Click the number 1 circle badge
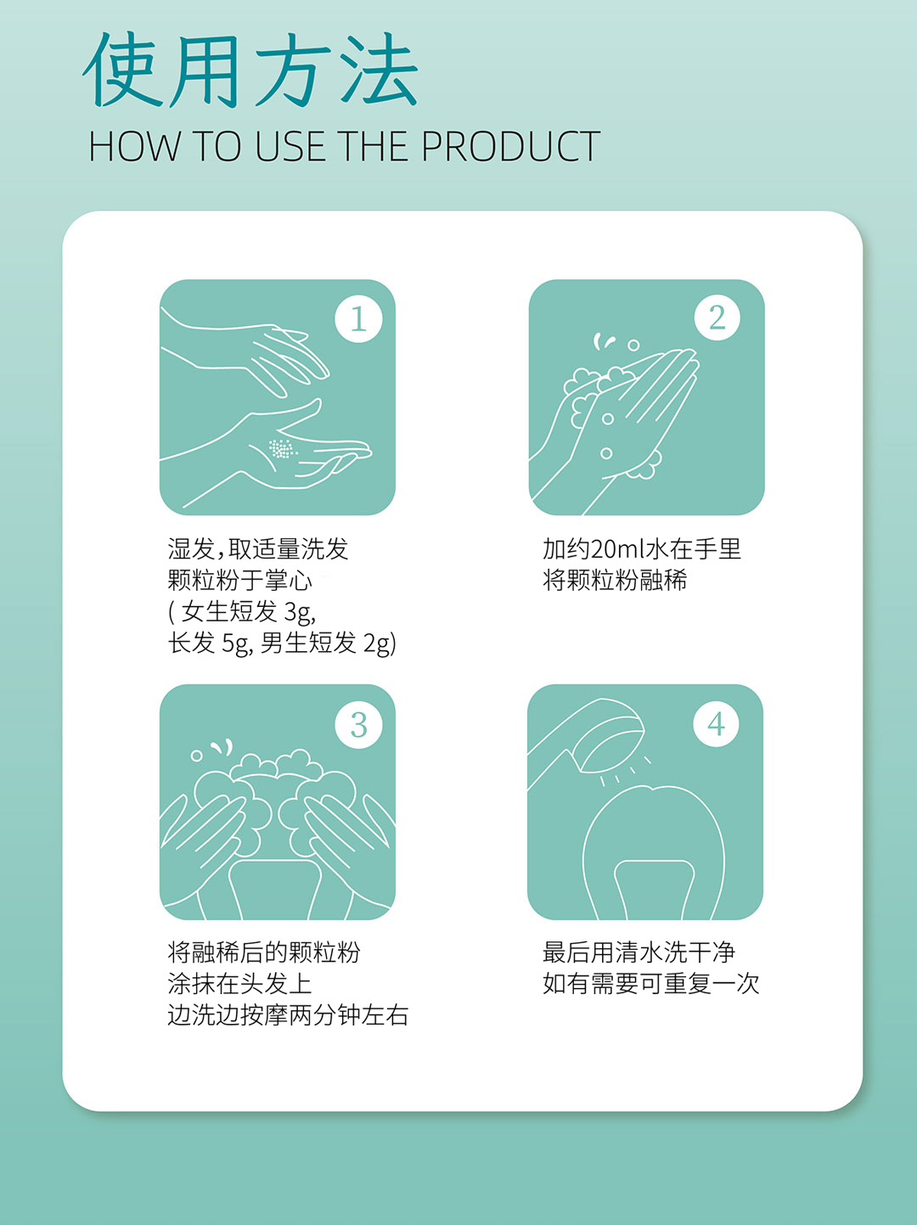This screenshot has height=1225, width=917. (x=358, y=318)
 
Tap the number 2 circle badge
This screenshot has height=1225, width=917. (x=717, y=317)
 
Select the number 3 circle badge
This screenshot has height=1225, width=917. (x=358, y=725)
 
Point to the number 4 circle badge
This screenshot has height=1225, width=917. (x=716, y=724)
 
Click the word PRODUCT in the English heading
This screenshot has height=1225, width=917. (x=510, y=147)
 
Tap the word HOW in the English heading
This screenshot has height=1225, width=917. (x=135, y=147)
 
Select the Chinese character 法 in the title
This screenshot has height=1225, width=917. (x=379, y=70)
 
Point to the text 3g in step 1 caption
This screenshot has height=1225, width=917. (x=300, y=612)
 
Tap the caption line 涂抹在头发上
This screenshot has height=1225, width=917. (x=239, y=984)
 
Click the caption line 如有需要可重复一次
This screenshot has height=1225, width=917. (x=650, y=984)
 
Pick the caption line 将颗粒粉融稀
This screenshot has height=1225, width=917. (x=615, y=581)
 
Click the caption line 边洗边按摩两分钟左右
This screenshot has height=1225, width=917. (x=288, y=1015)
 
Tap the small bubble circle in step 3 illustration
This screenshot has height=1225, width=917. (x=196, y=756)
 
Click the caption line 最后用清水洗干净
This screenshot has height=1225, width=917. (x=639, y=952)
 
